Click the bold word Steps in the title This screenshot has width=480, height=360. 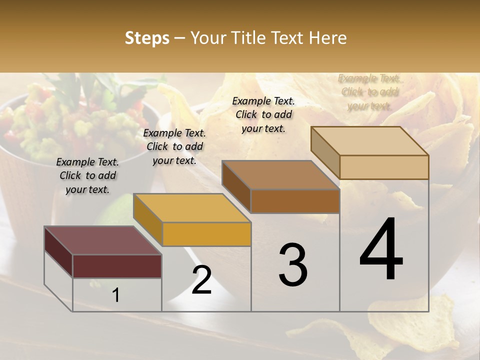(147, 38)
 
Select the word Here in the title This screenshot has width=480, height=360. (328, 38)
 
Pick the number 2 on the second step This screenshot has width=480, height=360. (201, 280)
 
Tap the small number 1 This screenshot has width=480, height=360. (116, 295)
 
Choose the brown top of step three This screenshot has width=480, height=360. (280, 174)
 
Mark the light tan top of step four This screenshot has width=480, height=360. (369, 140)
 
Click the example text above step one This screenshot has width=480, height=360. (87, 175)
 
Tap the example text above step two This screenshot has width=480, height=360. (174, 146)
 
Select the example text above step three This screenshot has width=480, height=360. (263, 114)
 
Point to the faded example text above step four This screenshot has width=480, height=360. (370, 92)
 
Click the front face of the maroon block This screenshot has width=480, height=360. (117, 266)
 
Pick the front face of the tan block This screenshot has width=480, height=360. (384, 167)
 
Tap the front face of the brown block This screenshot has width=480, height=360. (295, 201)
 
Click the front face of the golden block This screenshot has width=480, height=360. (206, 234)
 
